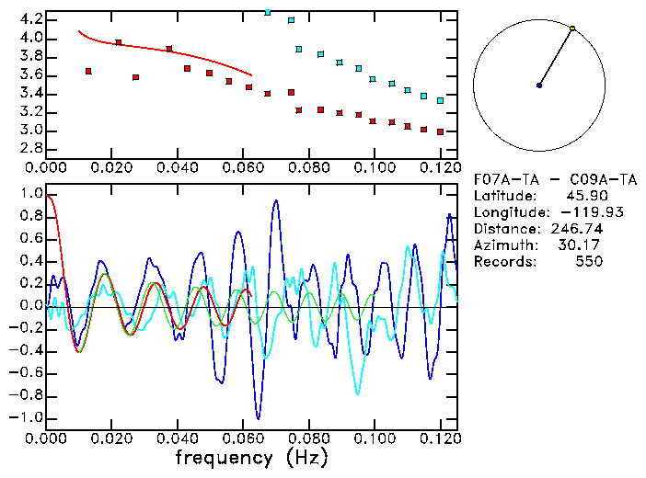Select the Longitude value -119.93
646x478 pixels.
pyautogui.click(x=576, y=211)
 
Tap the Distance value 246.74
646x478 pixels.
pyautogui.click(x=576, y=228)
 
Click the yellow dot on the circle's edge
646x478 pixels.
pyautogui.click(x=572, y=28)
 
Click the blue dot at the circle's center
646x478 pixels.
pyautogui.click(x=539, y=85)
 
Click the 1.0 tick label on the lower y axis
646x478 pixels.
pyautogui.click(x=29, y=194)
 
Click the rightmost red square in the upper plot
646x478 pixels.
pyautogui.click(x=441, y=131)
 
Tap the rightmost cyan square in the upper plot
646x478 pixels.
pyautogui.click(x=441, y=100)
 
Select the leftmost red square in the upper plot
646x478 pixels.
pyautogui.click(x=88, y=71)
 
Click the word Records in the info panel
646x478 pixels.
pyautogui.click(x=502, y=261)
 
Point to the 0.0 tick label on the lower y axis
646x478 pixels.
pyautogui.click(x=29, y=305)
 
